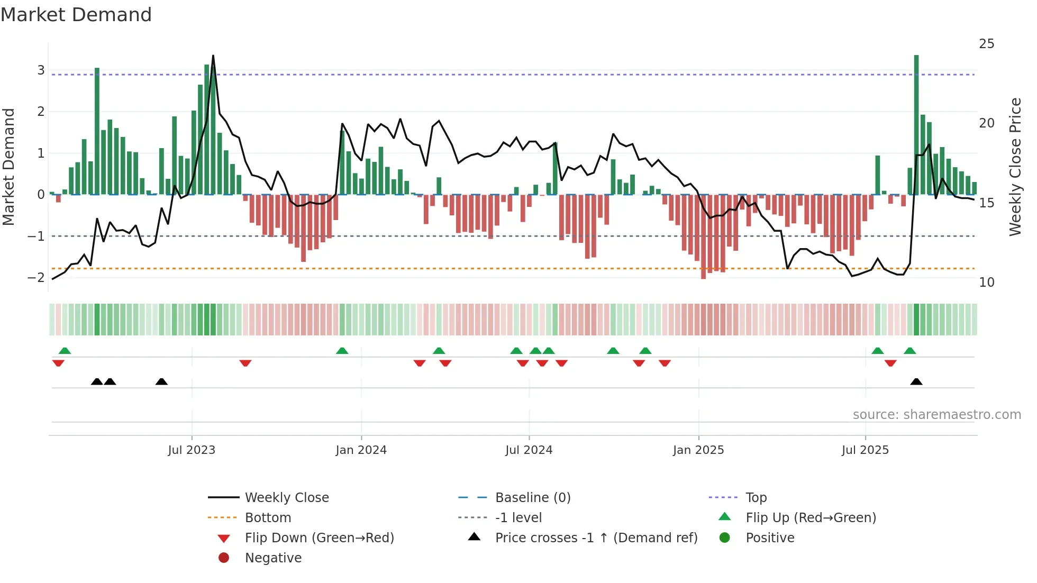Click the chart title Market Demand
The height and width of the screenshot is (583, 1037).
(x=76, y=15)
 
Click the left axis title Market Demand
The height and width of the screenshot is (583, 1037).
(x=8, y=167)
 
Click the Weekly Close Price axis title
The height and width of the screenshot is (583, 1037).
(x=1015, y=167)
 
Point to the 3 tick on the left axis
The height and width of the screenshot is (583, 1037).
(x=41, y=70)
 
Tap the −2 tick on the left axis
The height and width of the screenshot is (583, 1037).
(x=37, y=278)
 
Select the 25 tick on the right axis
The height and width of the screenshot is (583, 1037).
(x=986, y=44)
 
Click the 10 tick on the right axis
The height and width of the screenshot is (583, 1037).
(x=986, y=283)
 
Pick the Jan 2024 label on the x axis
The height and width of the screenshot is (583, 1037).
(x=361, y=450)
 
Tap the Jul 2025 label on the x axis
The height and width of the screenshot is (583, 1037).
(x=865, y=450)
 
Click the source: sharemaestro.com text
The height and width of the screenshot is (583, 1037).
(x=936, y=415)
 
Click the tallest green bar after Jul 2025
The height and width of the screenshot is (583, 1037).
(x=916, y=124)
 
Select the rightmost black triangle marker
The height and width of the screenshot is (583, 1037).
(x=916, y=381)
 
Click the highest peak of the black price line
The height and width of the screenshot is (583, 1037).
(x=213, y=56)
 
